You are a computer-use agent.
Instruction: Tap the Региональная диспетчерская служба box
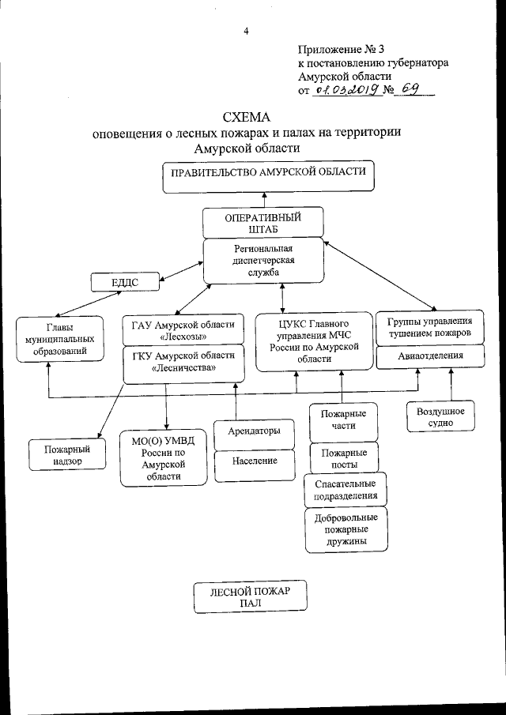(263, 261)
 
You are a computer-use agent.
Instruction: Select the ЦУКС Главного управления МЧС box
(314, 341)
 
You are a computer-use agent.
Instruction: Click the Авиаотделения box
(430, 357)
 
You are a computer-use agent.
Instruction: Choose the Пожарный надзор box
(67, 453)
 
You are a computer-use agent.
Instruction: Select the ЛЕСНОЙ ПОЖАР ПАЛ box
(251, 597)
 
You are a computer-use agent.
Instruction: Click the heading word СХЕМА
(246, 117)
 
